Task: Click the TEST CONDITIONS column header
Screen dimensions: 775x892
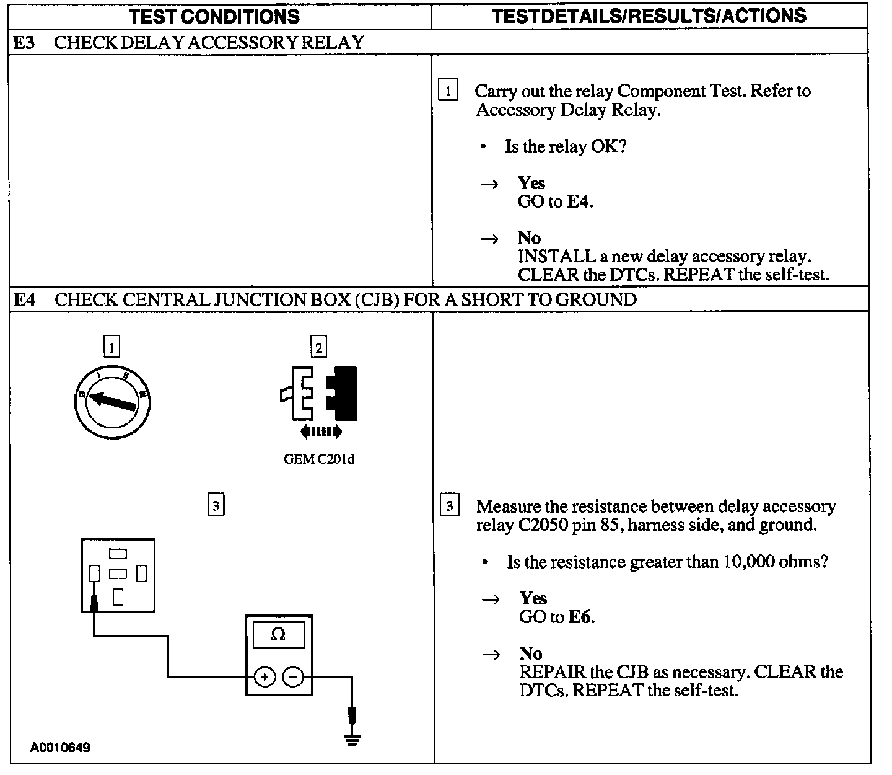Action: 214,17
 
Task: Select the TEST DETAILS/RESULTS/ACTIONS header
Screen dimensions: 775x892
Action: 649,15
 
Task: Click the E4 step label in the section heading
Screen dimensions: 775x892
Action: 25,300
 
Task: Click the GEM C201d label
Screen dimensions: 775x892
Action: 319,459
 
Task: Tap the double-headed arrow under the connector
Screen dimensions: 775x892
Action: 320,432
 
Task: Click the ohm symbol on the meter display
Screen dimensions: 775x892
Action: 279,635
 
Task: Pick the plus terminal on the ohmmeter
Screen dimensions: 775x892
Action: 265,677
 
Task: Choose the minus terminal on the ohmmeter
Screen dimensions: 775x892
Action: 294,677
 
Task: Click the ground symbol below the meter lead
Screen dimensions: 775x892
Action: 352,739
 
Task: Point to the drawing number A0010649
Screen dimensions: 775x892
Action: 60,748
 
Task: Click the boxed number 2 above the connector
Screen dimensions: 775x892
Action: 318,348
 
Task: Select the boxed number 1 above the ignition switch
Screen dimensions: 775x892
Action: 111,348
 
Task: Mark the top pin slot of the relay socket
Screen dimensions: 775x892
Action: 118,553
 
